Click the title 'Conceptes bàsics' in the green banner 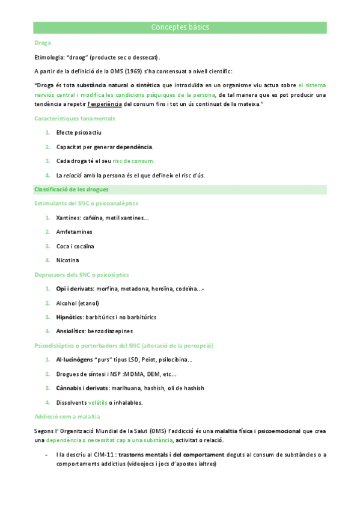(x=180, y=28)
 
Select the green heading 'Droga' (x=43, y=43)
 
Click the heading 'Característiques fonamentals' (x=75, y=118)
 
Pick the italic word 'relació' (x=75, y=176)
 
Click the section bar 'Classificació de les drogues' (x=72, y=189)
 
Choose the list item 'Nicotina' (x=67, y=260)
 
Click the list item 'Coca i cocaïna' (x=75, y=246)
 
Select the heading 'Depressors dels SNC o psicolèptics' (x=82, y=275)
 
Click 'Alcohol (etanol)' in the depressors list (x=78, y=303)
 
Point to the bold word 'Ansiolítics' (x=71, y=331)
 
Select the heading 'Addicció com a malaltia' (x=67, y=416)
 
